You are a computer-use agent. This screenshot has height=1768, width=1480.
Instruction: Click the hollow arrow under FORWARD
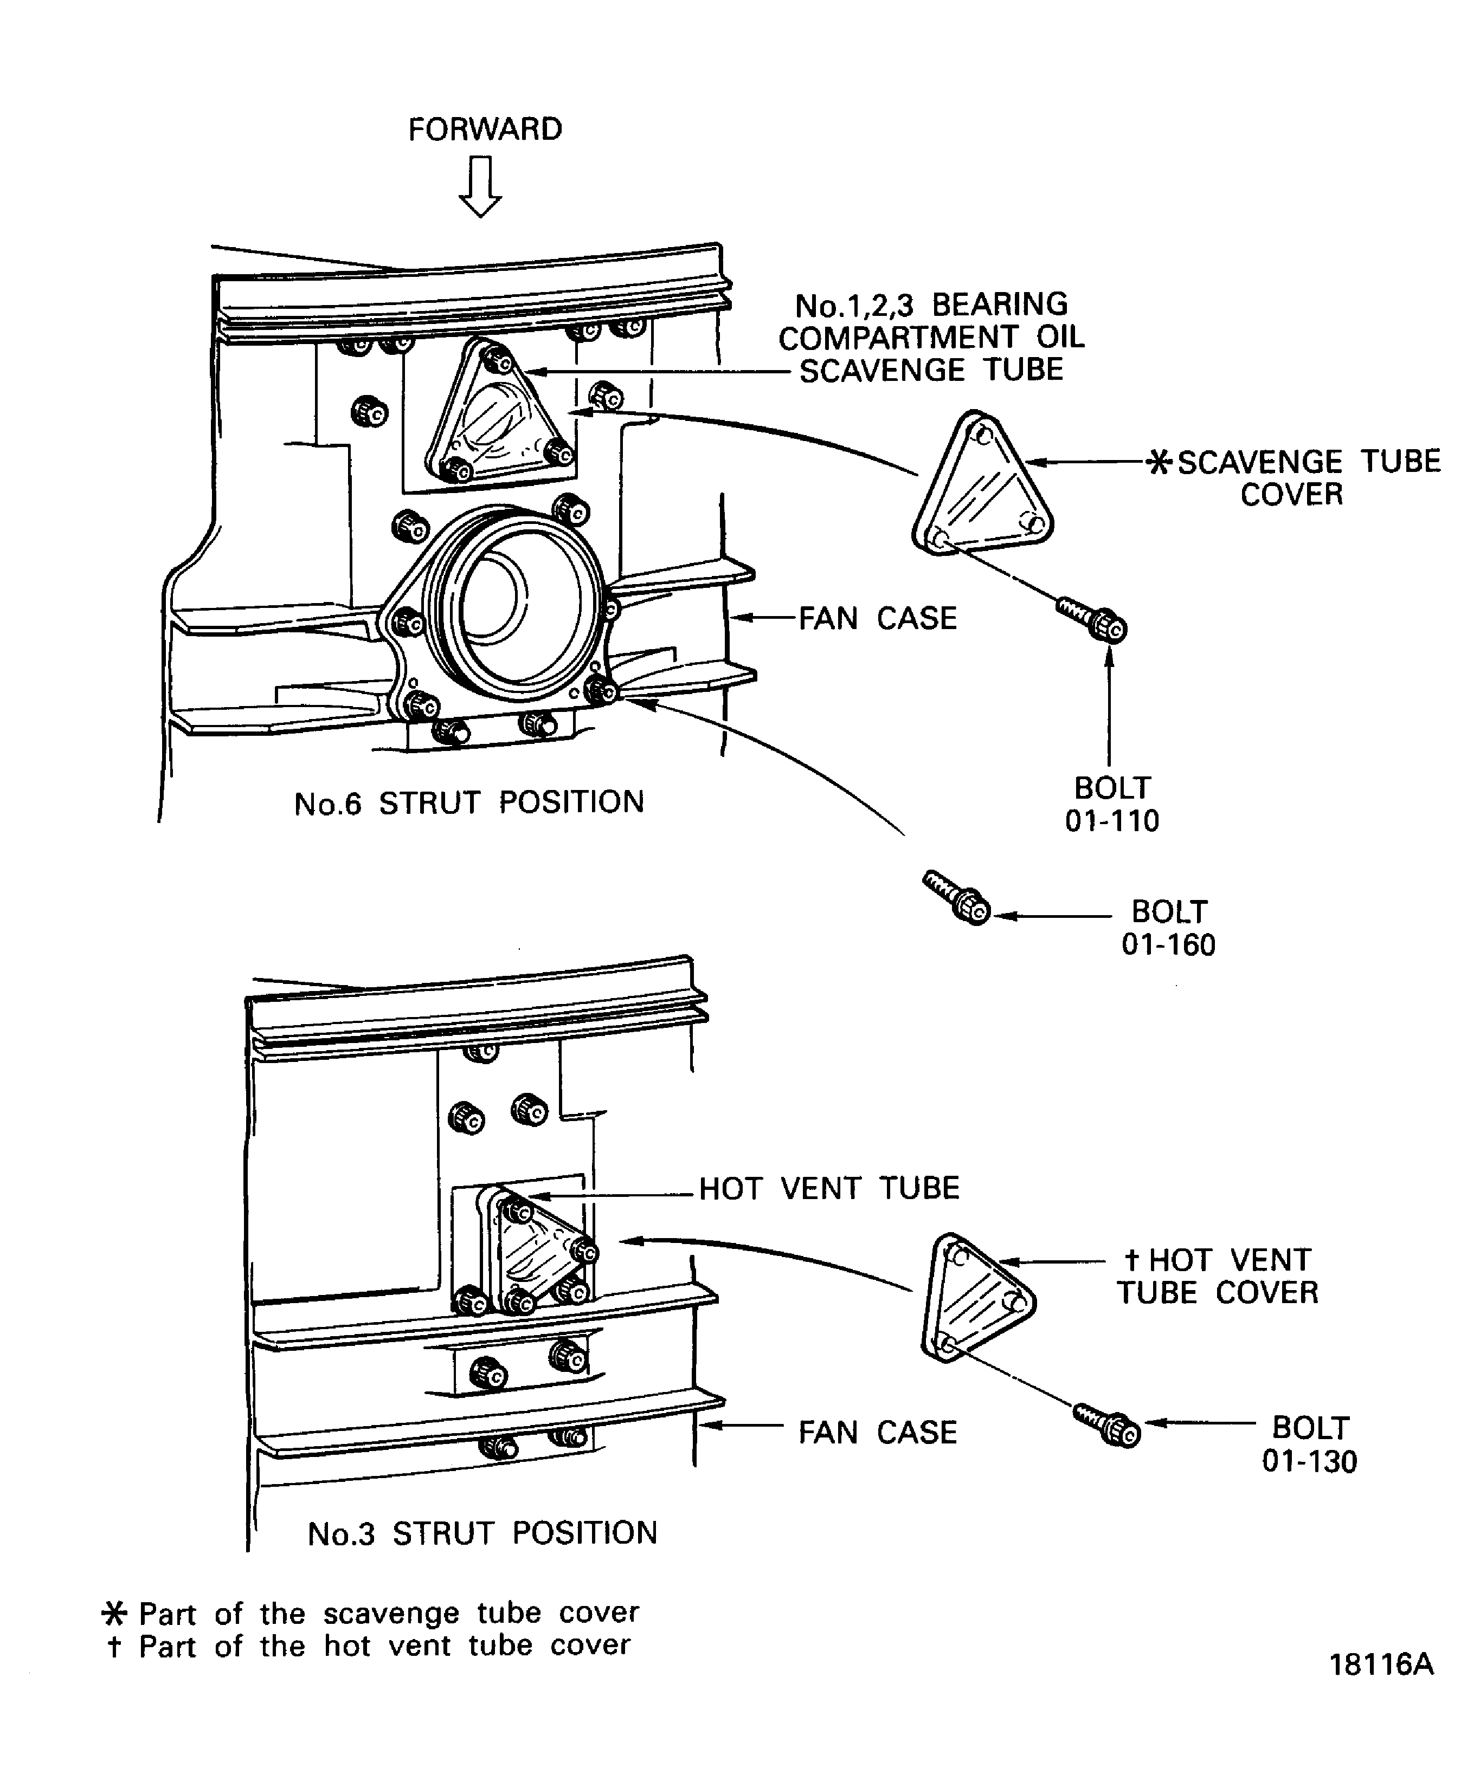[x=481, y=187]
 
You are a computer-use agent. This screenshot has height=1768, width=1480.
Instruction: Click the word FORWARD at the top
[x=485, y=129]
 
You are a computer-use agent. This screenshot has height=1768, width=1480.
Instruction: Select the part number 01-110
[x=1112, y=821]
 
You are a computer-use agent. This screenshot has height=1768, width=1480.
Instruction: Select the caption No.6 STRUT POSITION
[x=469, y=803]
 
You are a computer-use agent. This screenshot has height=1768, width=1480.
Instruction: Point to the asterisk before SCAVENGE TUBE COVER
[x=1160, y=462]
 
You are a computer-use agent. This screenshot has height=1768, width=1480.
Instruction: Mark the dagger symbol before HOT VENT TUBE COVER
[x=1132, y=1260]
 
